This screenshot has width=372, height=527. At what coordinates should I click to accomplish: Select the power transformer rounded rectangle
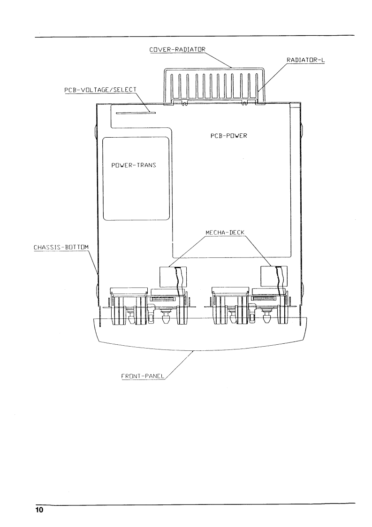click(136, 178)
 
